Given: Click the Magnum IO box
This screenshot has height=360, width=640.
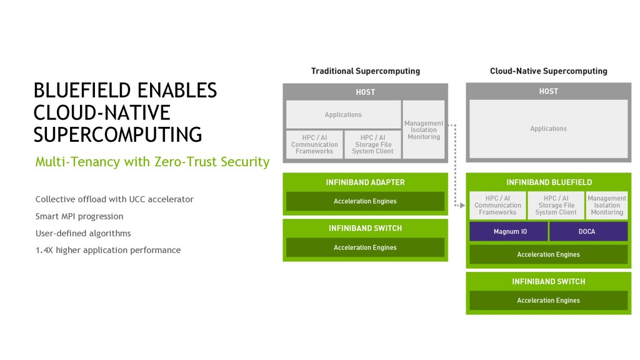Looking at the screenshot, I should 509,231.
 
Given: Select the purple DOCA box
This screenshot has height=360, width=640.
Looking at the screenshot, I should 588,231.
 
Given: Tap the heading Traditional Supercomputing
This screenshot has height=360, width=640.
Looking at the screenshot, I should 366,71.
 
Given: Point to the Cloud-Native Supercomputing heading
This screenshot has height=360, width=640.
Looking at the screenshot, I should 548,71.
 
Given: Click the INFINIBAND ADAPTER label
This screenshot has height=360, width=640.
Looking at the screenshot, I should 365,182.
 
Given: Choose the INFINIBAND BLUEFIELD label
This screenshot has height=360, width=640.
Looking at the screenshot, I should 548,182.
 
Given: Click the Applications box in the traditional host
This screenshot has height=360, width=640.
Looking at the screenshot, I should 343,115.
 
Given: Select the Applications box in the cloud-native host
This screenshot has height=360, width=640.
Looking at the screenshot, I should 548,129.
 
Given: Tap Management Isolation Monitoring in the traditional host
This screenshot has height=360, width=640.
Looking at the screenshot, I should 424,130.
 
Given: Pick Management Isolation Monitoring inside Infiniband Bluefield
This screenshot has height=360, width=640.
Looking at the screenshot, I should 607,205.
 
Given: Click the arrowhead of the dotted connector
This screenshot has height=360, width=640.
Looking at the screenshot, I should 464,204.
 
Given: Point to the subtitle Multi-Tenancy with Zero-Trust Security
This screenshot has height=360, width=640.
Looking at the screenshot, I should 152,162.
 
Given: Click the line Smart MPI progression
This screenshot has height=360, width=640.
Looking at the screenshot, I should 79,216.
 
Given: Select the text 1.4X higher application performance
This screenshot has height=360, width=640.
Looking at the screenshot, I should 108,250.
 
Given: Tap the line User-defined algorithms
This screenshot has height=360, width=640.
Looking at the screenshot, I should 83,233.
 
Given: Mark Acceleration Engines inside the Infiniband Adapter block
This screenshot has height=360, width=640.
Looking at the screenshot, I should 365,201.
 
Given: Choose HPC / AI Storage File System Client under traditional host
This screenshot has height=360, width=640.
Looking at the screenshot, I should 372,144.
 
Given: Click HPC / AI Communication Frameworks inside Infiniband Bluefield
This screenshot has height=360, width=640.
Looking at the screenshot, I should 497,205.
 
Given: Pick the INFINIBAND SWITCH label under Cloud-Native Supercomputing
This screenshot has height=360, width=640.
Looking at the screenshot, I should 548,282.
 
